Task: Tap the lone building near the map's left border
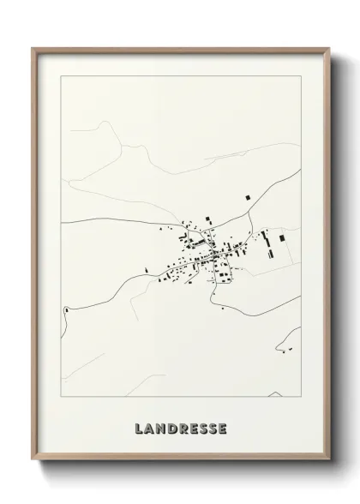pyautogui.click(x=65, y=309)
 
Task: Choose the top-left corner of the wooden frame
pyautogui.click(x=33, y=48)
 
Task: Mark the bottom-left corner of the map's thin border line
pyautogui.click(x=62, y=397)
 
